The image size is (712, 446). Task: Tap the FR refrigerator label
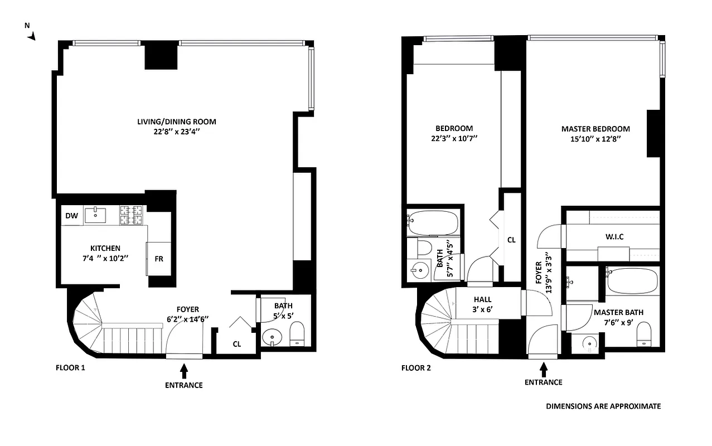tap(158, 259)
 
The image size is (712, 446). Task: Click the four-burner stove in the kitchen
tap(132, 215)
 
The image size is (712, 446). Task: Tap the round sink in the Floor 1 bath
tap(273, 337)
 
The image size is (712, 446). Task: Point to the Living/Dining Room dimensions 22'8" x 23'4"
tap(176, 133)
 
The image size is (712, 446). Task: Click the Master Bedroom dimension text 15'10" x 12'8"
tap(595, 139)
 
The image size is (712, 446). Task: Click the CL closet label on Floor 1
tap(237, 343)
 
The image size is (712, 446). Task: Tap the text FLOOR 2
tap(415, 368)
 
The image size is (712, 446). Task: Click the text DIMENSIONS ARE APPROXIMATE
tap(603, 406)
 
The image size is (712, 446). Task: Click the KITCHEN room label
tap(105, 248)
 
